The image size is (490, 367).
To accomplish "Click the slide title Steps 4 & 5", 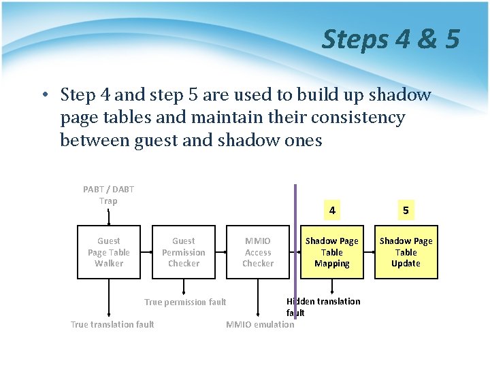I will [x=391, y=39].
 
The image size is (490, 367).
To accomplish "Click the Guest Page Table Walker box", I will [x=109, y=252].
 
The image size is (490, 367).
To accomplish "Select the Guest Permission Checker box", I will [x=183, y=252].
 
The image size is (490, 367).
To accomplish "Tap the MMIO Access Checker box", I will [x=258, y=252].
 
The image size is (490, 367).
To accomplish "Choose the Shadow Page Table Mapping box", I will [x=331, y=252].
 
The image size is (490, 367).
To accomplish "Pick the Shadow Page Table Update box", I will [x=406, y=252].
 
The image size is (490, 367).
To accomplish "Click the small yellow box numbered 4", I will [x=331, y=211].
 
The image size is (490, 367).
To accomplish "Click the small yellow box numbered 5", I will [x=406, y=211].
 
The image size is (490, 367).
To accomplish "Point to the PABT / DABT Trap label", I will [x=109, y=195].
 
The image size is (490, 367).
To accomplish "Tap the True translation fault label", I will [x=112, y=324].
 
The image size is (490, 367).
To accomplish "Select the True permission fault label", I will [x=185, y=302].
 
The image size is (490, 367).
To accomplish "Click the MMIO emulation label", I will [x=260, y=324].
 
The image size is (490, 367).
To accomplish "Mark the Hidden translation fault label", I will [x=323, y=307].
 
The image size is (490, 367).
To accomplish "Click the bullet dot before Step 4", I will [x=44, y=95].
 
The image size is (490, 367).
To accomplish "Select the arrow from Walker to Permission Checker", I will [x=146, y=252].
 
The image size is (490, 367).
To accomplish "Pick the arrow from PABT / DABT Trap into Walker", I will [x=109, y=217].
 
